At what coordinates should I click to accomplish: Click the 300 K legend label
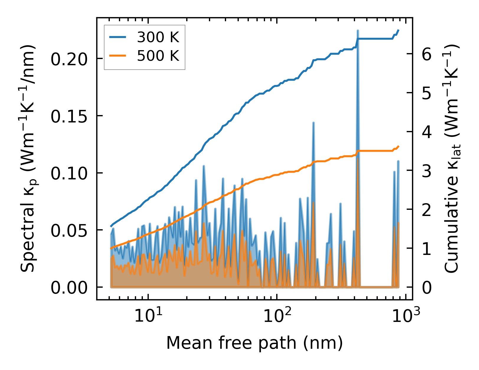158,37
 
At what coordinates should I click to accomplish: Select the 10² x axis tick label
277,316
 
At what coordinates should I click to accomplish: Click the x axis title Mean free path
254,343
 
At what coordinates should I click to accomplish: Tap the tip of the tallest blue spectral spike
358,30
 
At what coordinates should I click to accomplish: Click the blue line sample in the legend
118,37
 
